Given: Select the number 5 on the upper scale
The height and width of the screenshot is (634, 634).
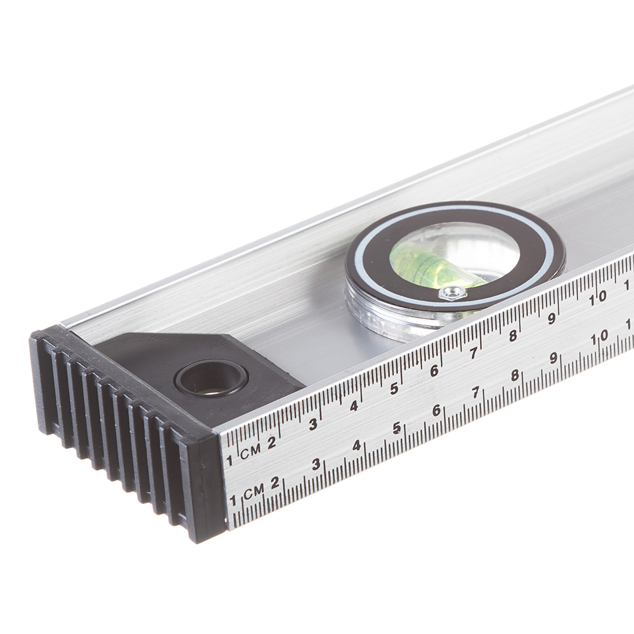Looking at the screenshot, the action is [x=394, y=389].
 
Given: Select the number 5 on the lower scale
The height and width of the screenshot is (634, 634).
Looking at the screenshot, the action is [x=397, y=428].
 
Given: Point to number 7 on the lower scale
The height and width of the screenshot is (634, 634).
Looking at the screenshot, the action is [x=476, y=392].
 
